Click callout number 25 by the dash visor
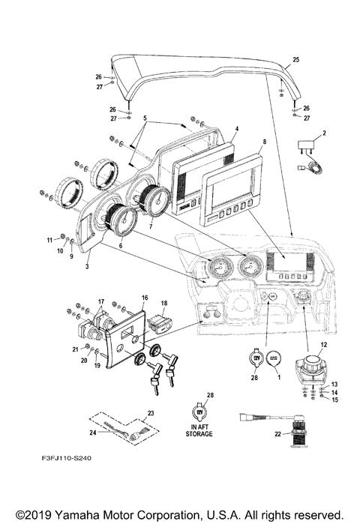click(x=295, y=58)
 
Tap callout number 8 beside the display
click(x=264, y=142)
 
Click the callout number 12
click(x=324, y=345)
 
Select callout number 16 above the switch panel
click(x=144, y=298)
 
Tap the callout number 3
click(x=87, y=265)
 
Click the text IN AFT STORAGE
click(x=199, y=430)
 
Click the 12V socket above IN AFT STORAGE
click(x=199, y=412)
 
